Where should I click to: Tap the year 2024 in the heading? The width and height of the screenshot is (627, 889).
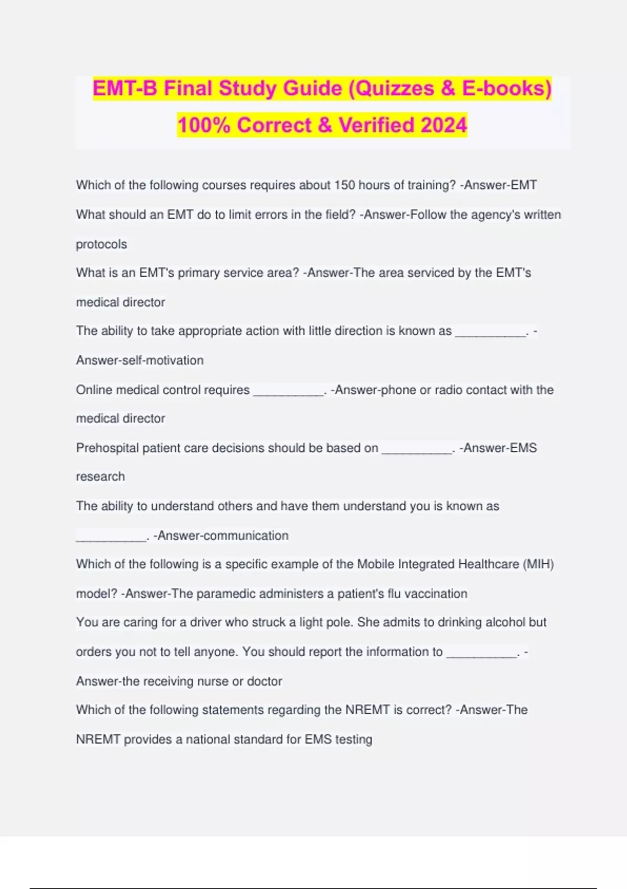444,125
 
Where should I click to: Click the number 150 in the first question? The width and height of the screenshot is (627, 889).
344,185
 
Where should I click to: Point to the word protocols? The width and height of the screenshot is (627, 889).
101,244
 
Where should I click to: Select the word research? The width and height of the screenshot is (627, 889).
100,477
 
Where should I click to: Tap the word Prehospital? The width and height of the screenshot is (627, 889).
107,448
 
